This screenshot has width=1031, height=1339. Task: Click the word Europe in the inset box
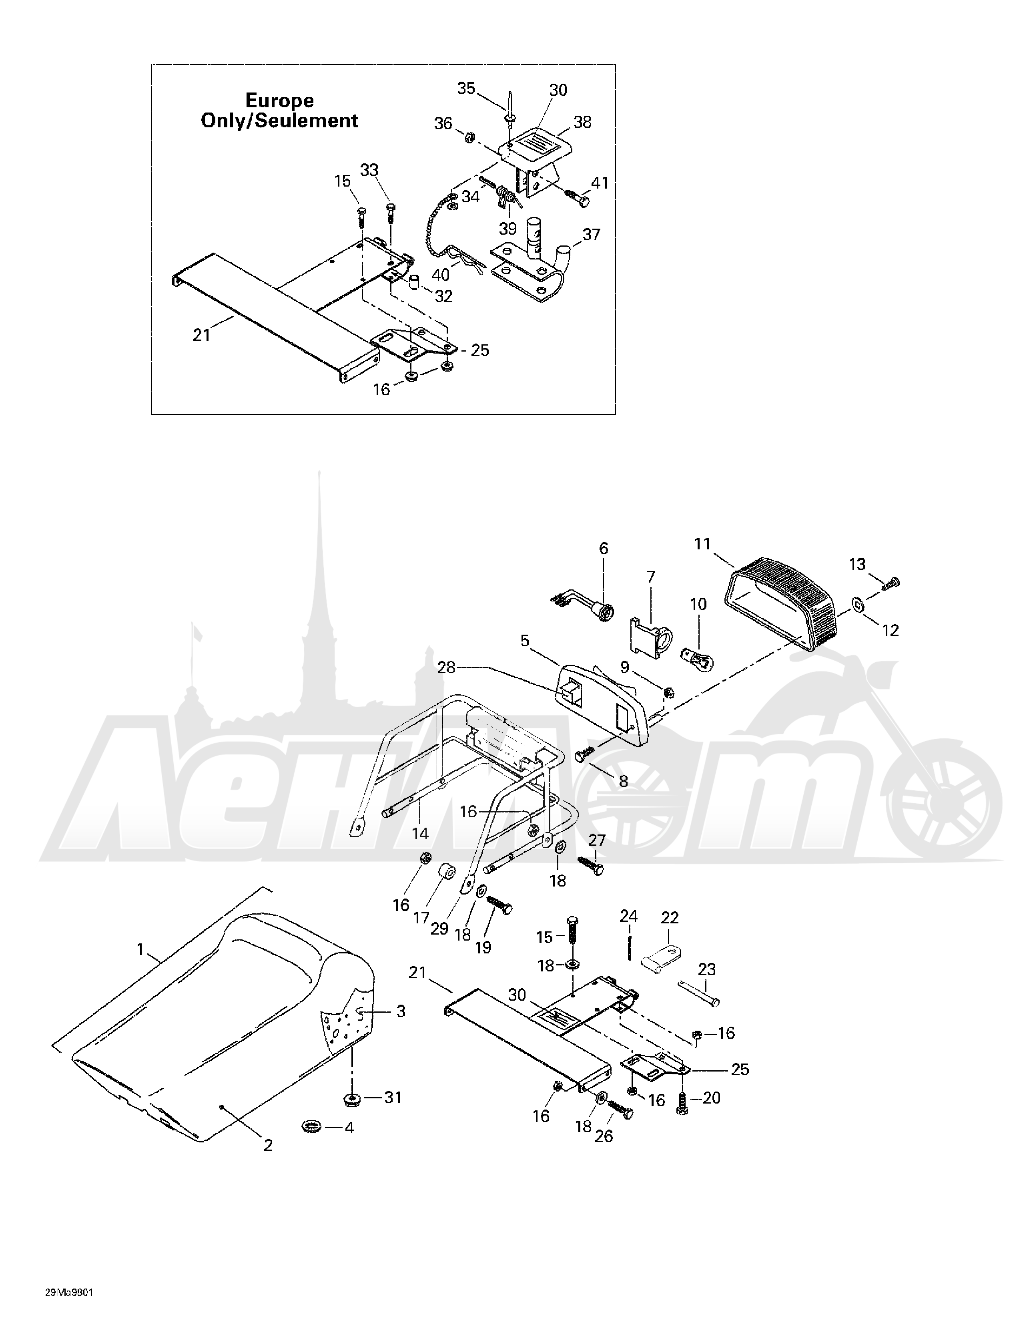coord(279,100)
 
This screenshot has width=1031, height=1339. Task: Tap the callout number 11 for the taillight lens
coord(702,544)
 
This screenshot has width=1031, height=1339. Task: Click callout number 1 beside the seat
coord(140,950)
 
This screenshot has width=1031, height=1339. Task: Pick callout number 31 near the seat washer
coord(393,1097)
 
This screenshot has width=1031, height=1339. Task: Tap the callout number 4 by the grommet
coord(349,1128)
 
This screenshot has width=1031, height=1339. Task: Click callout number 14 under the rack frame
coord(420,834)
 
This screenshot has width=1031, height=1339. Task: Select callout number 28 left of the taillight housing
coord(446,667)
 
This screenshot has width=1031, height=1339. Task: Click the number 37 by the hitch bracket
coord(592,234)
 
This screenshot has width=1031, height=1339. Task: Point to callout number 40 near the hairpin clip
coord(441,275)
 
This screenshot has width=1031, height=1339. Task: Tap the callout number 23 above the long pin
coord(707,969)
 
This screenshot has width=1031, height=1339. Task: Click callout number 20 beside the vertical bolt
coord(711,1098)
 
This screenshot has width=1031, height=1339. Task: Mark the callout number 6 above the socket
coord(604,548)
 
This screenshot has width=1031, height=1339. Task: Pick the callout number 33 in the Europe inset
coord(369,170)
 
